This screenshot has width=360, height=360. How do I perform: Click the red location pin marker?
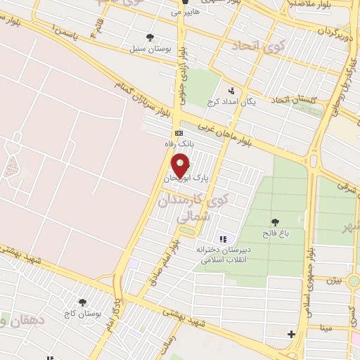coord(180,165)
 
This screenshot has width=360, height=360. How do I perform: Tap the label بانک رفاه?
coord(179,143)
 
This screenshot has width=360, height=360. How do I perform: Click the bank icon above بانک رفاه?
coord(179,132)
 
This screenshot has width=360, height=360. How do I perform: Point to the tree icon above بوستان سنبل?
coord(148,38)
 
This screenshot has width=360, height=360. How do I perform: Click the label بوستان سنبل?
coord(148,49)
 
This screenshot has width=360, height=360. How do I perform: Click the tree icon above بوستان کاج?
coord(83,302)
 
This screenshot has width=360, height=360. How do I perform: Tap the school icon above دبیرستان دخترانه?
coord(224,238)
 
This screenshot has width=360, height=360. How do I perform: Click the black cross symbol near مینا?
coord(292,333)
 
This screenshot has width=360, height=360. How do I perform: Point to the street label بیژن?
coord(334,279)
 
